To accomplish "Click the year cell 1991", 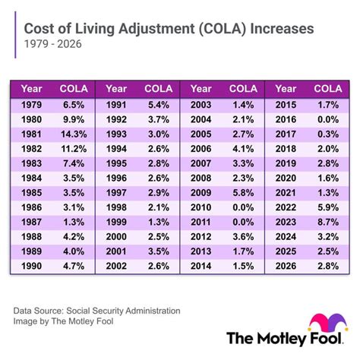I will tap(115, 104).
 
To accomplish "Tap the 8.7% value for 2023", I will tap(329, 223).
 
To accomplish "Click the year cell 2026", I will tap(285, 267).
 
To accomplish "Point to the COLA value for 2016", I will tap(329, 118).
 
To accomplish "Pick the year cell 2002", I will tap(115, 267).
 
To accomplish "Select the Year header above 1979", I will tap(32, 88).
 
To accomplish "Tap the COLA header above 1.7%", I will tap(327, 88).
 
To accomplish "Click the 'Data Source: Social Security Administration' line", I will tap(97, 311).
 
